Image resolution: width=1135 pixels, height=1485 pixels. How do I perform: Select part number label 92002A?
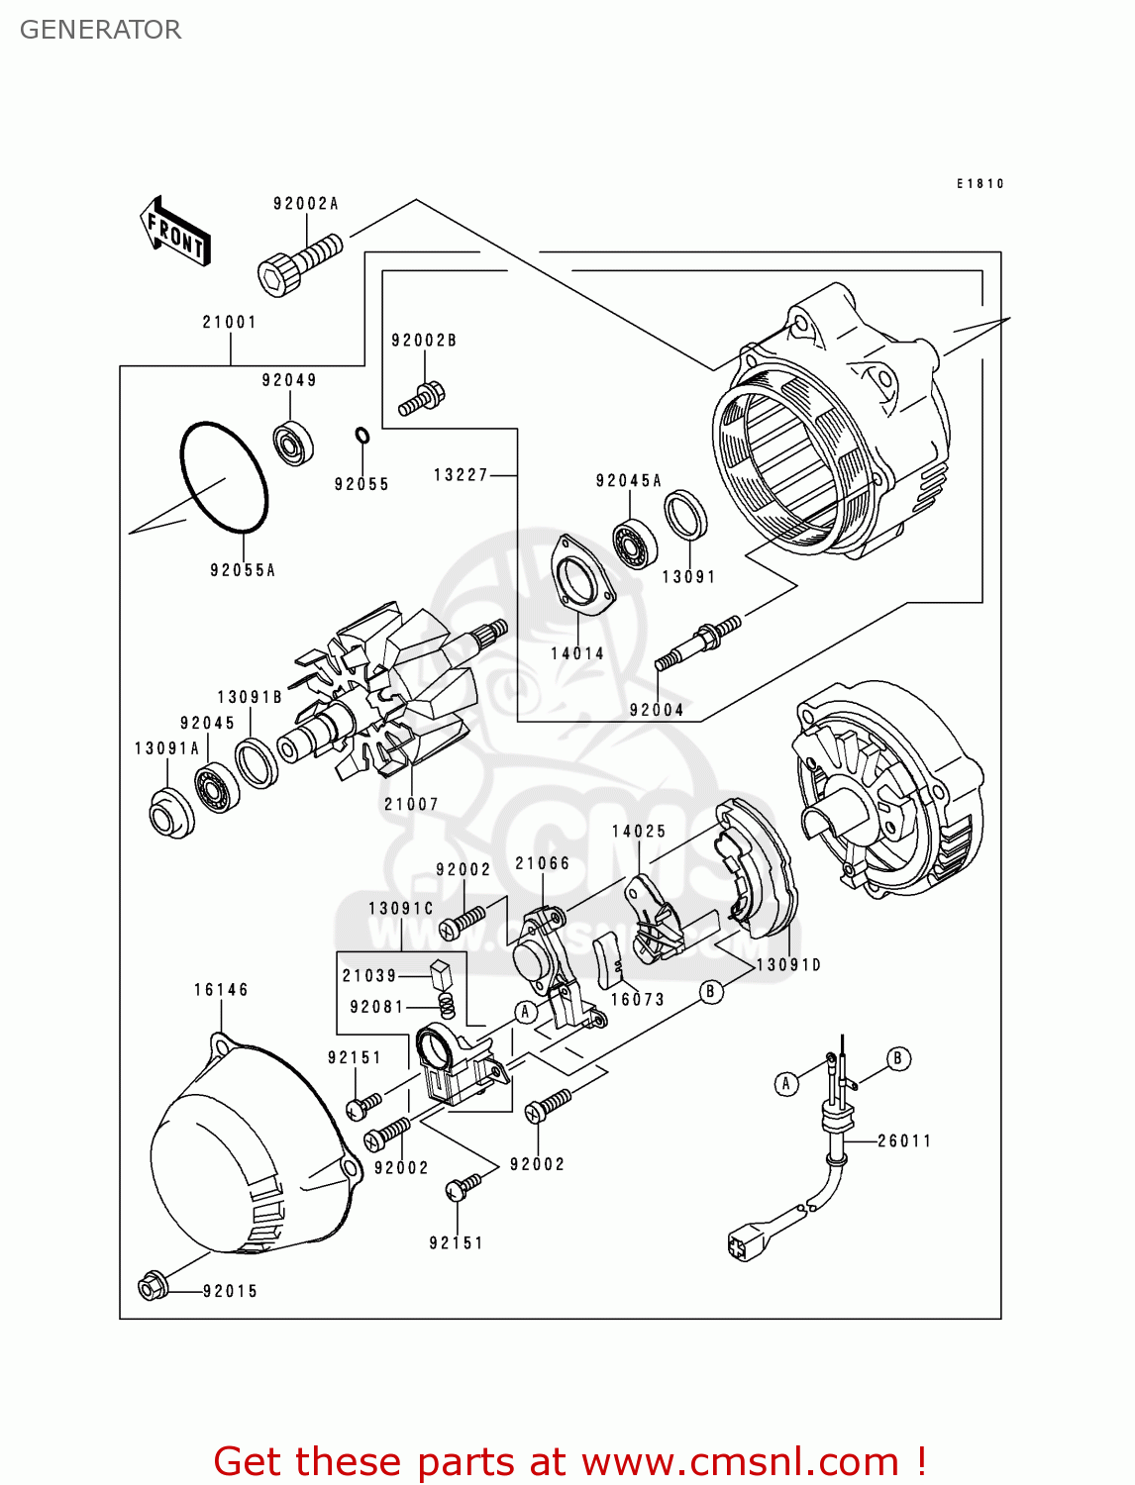click(305, 204)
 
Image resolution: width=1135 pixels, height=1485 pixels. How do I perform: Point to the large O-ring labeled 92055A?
click(224, 477)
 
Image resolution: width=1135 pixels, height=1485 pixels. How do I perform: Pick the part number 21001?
click(229, 322)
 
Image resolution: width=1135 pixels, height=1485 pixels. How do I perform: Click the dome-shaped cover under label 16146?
click(248, 1148)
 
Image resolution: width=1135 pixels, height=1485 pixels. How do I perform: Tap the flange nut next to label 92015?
click(152, 1287)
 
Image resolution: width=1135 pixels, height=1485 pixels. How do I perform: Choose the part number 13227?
click(461, 475)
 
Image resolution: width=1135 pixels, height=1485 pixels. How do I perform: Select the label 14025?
click(639, 832)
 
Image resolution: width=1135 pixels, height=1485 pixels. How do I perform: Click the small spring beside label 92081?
click(447, 1006)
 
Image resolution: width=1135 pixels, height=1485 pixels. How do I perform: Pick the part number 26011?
click(904, 1140)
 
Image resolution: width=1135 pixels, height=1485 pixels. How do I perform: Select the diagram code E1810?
click(980, 184)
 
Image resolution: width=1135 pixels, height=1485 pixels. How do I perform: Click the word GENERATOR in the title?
click(100, 30)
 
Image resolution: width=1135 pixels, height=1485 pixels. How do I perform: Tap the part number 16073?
click(637, 1000)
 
